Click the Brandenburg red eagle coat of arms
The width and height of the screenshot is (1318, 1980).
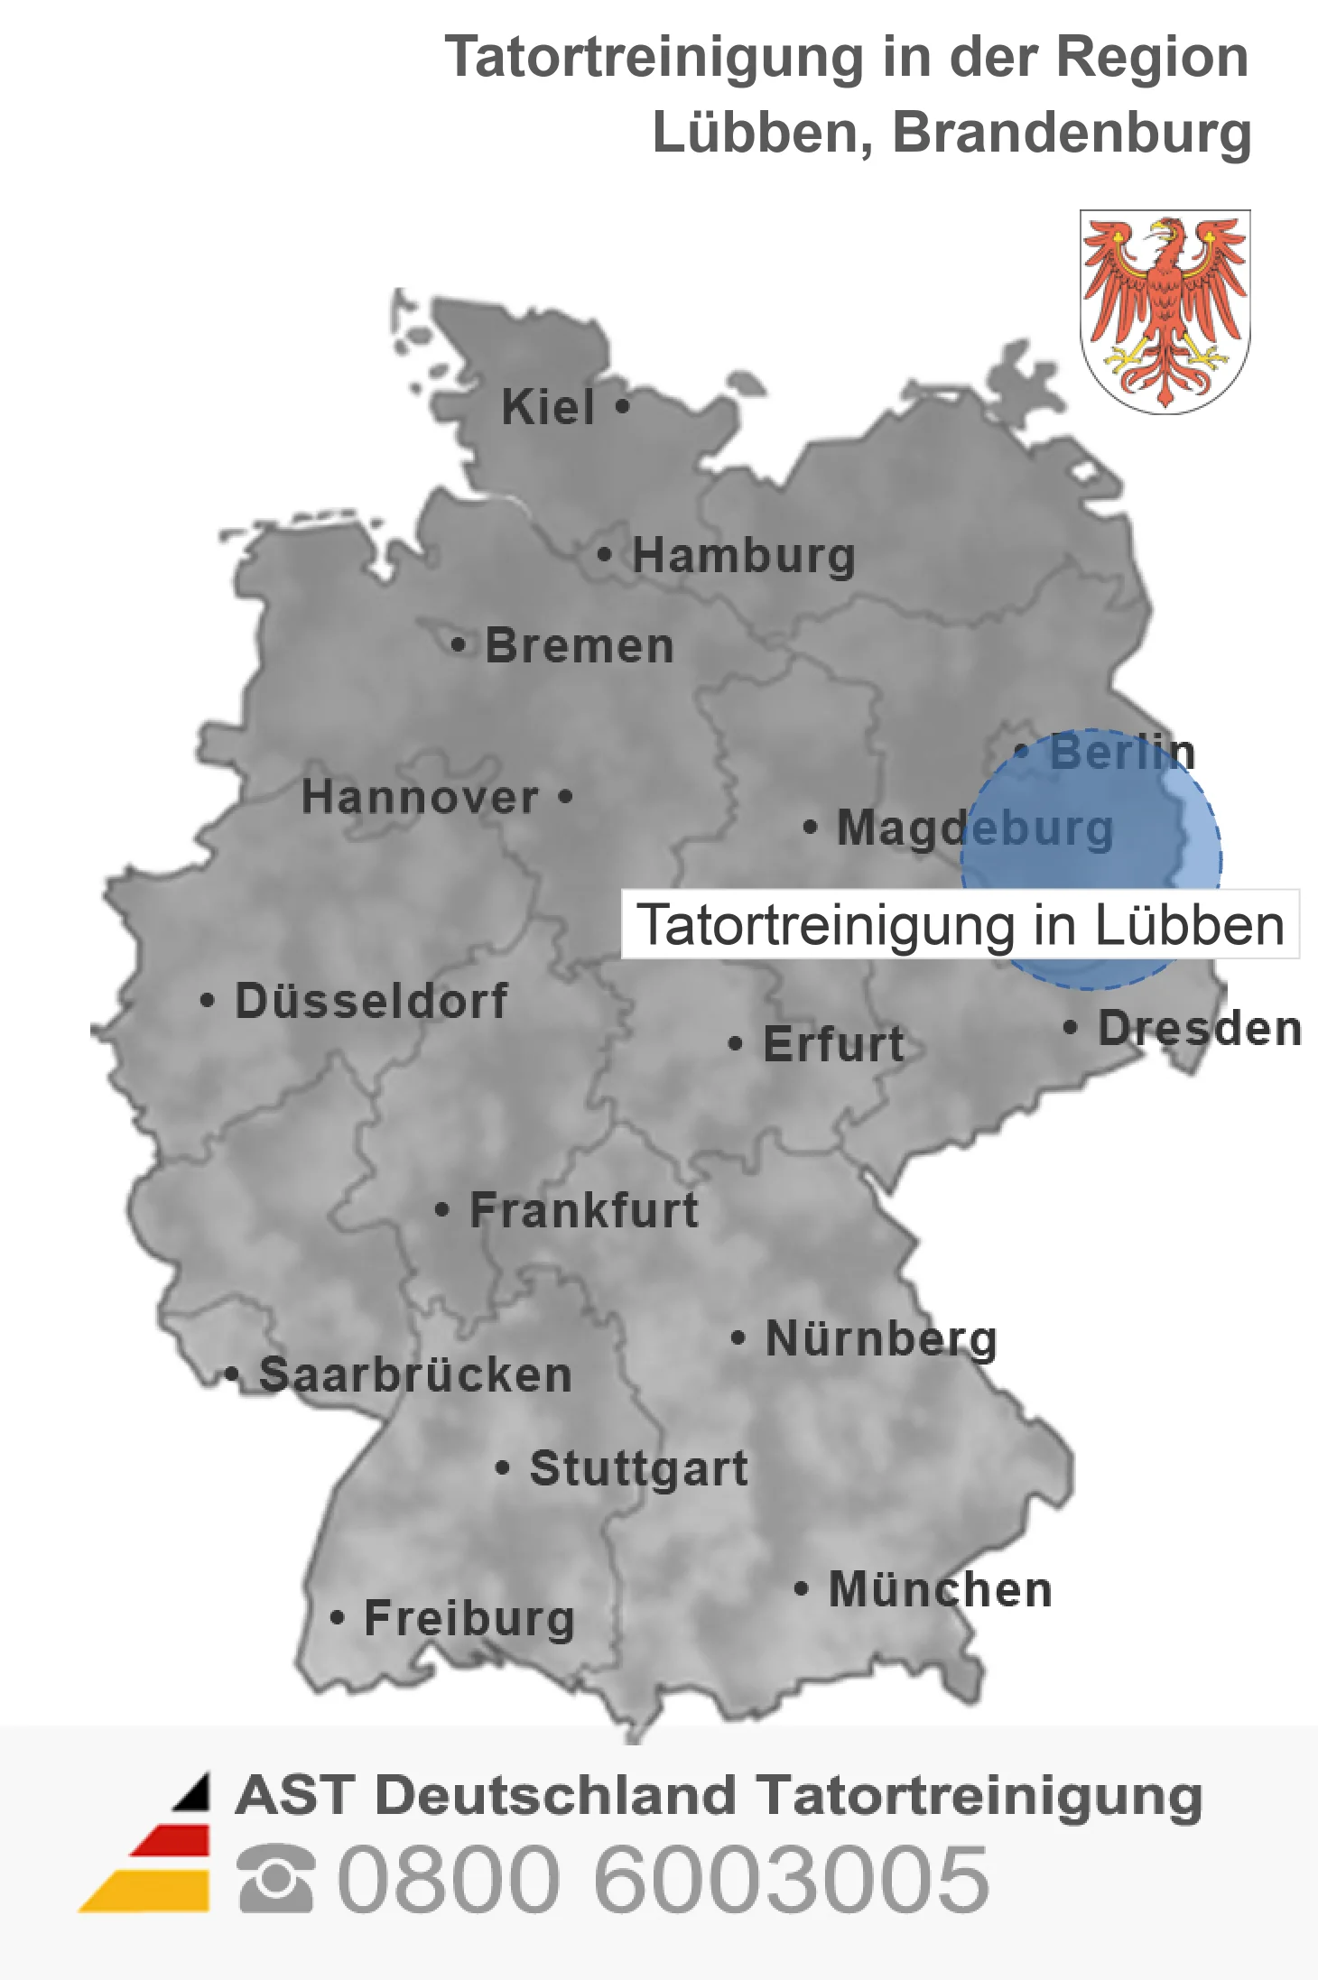pyautogui.click(x=1165, y=311)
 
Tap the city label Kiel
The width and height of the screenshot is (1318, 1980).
pyautogui.click(x=548, y=407)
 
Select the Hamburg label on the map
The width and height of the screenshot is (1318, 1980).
pyautogui.click(x=743, y=555)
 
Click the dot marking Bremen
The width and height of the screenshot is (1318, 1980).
pyautogui.click(x=459, y=645)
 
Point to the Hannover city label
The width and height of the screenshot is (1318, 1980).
pyautogui.click(x=420, y=797)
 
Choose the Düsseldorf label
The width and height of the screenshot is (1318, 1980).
pyautogui.click(x=371, y=1001)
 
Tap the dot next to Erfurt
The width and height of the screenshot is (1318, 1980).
pyautogui.click(x=735, y=1044)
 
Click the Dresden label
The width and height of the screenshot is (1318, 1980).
pyautogui.click(x=1199, y=1028)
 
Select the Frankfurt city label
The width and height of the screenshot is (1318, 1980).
pyautogui.click(x=584, y=1210)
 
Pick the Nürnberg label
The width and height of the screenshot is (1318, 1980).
pyautogui.click(x=881, y=1338)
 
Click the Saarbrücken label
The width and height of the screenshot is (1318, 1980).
pyautogui.click(x=415, y=1375)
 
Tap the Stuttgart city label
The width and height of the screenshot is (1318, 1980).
pyautogui.click(x=638, y=1468)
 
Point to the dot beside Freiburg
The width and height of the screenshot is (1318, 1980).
pyautogui.click(x=337, y=1618)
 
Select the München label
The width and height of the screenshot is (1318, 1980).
pyautogui.click(x=940, y=1589)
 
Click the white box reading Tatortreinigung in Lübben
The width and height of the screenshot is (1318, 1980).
pyautogui.click(x=960, y=925)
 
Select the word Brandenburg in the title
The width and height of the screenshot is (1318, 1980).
pyautogui.click(x=1072, y=133)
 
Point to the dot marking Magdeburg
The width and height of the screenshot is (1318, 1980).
pyautogui.click(x=810, y=827)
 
